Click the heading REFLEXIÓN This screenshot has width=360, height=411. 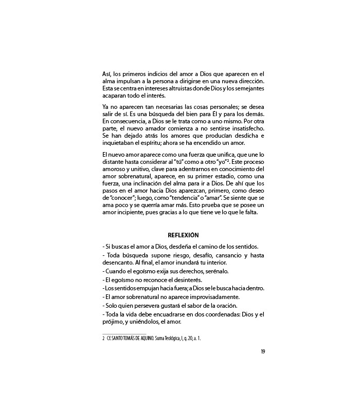tap(184, 235)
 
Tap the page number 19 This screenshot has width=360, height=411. tap(262, 351)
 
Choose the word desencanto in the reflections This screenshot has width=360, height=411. tap(119, 263)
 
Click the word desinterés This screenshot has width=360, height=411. tap(186, 279)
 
